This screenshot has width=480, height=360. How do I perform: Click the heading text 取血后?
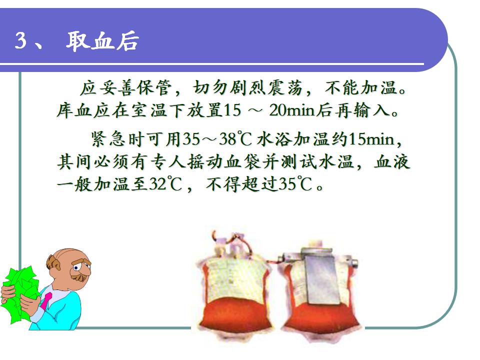pos(102,40)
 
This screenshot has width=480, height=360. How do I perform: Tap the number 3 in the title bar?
pos(21,40)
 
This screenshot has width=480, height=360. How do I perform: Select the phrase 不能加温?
pos(362,88)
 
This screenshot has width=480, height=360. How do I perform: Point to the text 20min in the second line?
pos(292,110)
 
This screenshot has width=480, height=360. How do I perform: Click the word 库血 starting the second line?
pos(75,110)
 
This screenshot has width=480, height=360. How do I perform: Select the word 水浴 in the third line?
pos(275,139)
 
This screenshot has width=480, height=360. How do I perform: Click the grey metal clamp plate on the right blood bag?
pos(320,275)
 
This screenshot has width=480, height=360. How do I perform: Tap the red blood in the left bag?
pos(234,315)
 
